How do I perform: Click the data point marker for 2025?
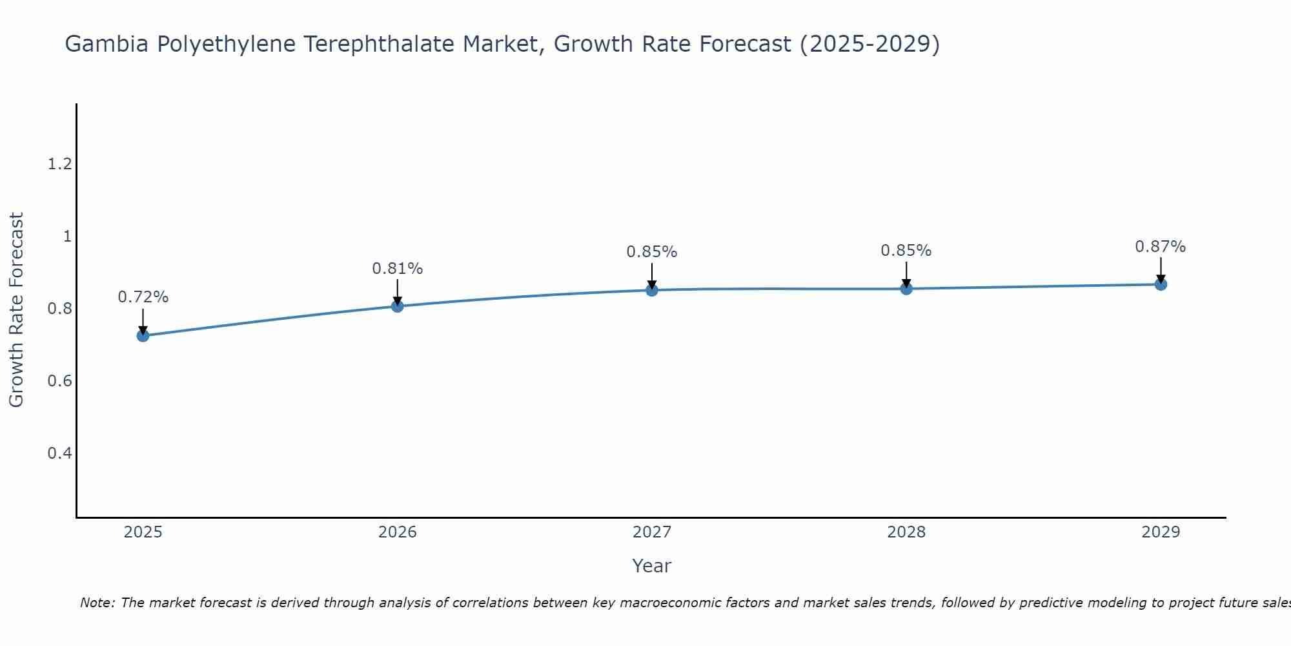143,335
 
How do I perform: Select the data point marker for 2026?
397,306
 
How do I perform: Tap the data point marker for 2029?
1161,284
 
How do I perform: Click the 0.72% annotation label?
143,297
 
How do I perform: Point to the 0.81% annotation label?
397,268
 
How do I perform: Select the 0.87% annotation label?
1161,247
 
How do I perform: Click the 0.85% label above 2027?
651,252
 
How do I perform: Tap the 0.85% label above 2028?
906,251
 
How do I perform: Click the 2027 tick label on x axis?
651,532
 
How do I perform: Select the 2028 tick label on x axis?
906,532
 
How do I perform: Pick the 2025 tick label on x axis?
143,532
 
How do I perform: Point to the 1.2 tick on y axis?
59,164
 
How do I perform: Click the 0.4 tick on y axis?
59,453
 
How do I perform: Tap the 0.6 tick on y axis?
59,380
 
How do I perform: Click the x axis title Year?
651,566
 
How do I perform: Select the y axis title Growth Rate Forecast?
16,310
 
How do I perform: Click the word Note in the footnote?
97,603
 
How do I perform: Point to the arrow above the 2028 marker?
906,275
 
